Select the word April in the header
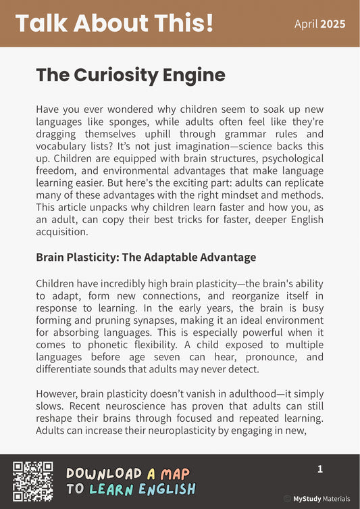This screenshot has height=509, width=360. point(306,24)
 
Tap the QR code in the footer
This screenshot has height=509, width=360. point(33,481)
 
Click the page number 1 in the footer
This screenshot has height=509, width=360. point(320,469)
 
